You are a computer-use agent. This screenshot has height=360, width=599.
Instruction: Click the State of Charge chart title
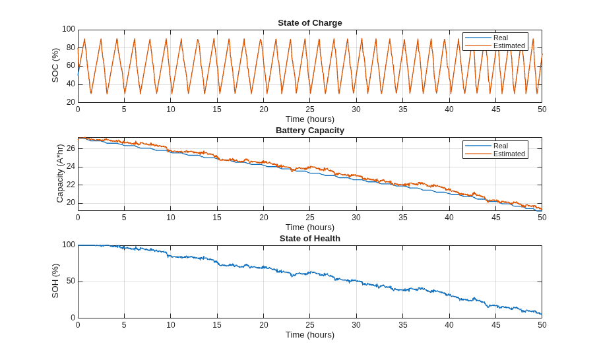click(x=310, y=23)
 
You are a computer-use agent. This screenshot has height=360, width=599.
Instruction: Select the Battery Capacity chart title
click(x=310, y=131)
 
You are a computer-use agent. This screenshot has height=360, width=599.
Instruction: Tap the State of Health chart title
click(x=310, y=239)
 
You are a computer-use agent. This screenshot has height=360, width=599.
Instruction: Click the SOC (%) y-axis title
click(x=55, y=65)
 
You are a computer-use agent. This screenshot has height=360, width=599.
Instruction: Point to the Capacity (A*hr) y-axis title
click(x=59, y=173)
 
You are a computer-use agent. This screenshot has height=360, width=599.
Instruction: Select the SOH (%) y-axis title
click(x=55, y=281)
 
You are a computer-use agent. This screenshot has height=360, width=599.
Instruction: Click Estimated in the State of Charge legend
click(x=509, y=45)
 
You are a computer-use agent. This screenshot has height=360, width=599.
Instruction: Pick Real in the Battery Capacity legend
click(x=501, y=146)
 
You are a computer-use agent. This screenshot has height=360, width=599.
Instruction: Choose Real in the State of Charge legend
click(x=501, y=38)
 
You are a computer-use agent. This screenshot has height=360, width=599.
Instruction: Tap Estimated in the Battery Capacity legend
click(x=509, y=154)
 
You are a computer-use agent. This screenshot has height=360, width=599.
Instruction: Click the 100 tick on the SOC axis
click(x=69, y=30)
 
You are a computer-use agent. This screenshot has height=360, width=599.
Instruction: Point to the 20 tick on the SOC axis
click(x=71, y=102)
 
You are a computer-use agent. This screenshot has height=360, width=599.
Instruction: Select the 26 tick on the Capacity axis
click(x=71, y=148)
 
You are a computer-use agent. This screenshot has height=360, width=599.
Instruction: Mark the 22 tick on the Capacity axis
click(x=71, y=185)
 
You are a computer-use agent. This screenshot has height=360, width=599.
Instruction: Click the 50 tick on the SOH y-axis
click(x=71, y=282)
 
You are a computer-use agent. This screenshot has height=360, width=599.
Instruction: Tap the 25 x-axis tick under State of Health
click(x=310, y=325)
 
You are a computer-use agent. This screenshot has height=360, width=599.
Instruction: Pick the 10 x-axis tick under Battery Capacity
click(x=171, y=217)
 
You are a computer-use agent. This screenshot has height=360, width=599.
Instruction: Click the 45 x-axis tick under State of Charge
click(x=495, y=109)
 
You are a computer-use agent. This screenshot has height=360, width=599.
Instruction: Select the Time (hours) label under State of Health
click(x=310, y=335)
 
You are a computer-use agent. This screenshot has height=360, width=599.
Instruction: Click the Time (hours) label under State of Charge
click(x=310, y=119)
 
